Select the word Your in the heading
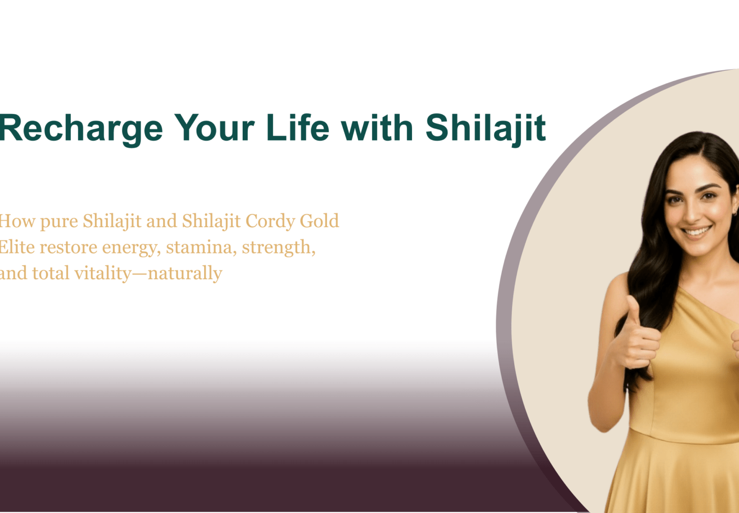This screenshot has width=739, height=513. (215, 128)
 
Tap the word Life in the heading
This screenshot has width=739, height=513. (298, 128)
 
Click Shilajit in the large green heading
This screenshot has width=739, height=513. (485, 128)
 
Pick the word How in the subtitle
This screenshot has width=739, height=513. (16, 221)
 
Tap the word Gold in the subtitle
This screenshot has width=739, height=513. (319, 221)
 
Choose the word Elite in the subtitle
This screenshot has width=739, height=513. (16, 247)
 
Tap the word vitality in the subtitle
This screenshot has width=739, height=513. (103, 273)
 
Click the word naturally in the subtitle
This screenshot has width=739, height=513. (185, 273)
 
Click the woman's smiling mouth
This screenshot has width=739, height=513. (696, 231)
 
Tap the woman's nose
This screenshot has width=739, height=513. (693, 213)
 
